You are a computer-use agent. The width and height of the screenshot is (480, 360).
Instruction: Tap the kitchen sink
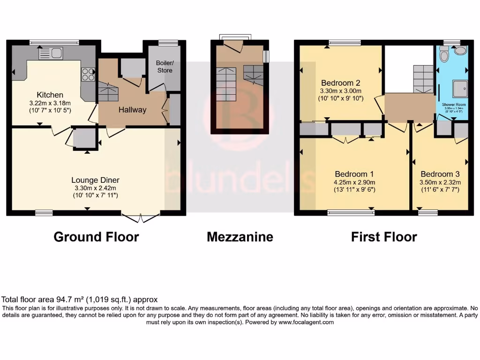click(x=55, y=53)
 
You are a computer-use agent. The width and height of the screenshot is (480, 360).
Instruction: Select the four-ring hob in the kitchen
click(x=88, y=74)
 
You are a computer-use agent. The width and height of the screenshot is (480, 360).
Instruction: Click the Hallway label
click(x=132, y=110)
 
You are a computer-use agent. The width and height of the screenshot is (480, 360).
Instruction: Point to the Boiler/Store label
click(x=165, y=67)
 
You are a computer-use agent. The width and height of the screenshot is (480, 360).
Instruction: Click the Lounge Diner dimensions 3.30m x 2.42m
click(x=95, y=188)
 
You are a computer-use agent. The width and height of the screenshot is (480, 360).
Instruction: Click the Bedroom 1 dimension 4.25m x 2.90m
click(x=354, y=182)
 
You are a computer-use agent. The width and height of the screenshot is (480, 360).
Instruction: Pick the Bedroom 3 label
click(x=440, y=173)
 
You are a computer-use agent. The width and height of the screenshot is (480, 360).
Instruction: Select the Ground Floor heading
click(x=96, y=237)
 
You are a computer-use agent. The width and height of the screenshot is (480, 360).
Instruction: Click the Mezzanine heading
click(x=240, y=237)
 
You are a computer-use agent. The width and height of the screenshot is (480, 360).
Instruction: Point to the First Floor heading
click(x=384, y=237)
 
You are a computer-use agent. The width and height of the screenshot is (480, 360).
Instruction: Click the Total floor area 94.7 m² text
click(x=80, y=299)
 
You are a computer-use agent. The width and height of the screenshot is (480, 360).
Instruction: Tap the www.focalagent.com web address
click(x=306, y=322)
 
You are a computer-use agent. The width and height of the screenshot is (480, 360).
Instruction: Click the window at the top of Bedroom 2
click(x=345, y=43)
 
